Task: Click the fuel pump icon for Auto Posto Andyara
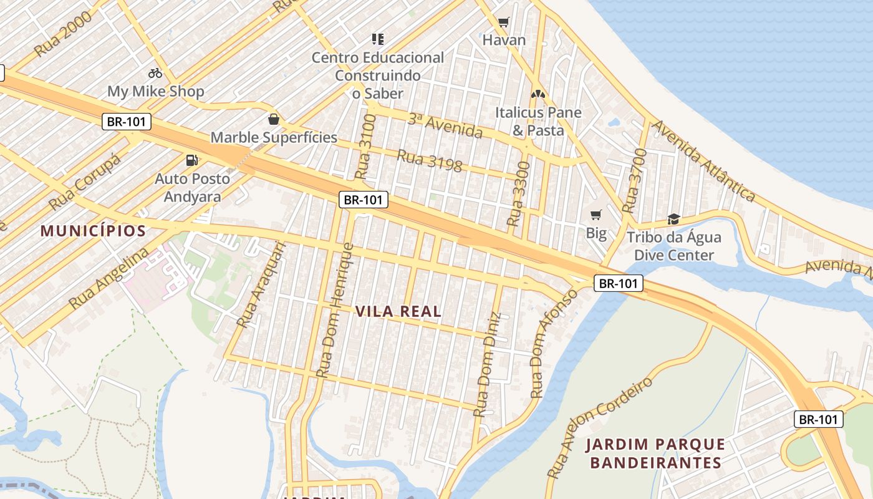click(192, 160)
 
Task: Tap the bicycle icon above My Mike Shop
click(155, 73)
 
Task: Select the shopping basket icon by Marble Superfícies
click(273, 119)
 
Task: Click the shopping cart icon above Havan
click(504, 22)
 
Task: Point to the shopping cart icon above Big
click(596, 215)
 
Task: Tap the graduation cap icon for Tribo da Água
click(673, 219)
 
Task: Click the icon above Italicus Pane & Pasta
click(538, 94)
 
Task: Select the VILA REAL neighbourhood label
click(398, 311)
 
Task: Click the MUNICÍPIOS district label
click(93, 231)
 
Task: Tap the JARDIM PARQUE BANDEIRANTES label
click(655, 453)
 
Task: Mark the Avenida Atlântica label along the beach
click(703, 161)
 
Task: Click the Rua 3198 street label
click(430, 160)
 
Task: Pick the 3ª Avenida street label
click(445, 125)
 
